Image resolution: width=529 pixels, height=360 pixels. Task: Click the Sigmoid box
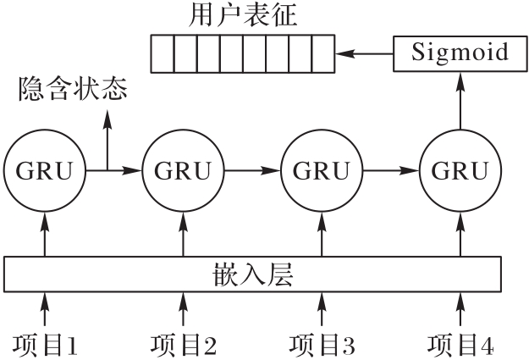460,53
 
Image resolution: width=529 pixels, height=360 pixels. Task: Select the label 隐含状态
74,89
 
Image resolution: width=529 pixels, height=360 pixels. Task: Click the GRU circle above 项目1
46,170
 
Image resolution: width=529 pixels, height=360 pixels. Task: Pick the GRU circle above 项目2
183,170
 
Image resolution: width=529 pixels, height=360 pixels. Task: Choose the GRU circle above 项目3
322,170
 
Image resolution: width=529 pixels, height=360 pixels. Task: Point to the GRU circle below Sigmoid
460,170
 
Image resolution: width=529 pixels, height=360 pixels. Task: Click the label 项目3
322,344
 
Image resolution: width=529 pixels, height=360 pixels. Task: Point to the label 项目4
460,344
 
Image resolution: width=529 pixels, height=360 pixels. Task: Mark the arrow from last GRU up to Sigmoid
460,102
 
